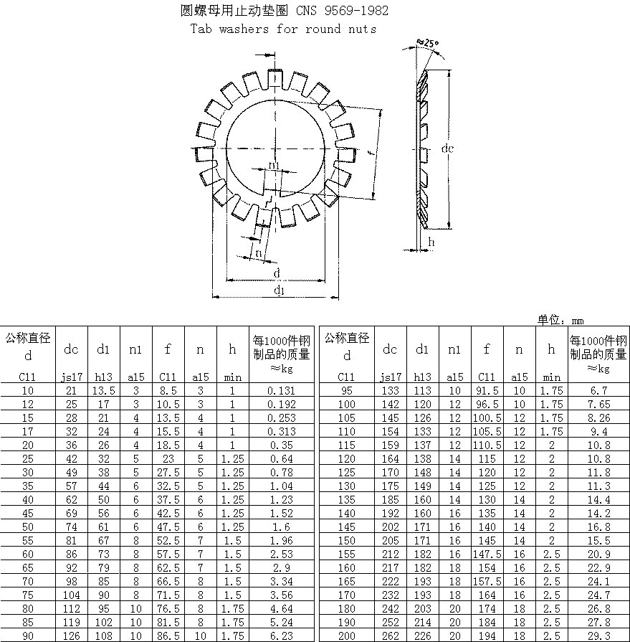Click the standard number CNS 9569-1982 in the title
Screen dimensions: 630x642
tap(342, 10)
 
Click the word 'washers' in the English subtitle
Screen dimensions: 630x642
tap(244, 29)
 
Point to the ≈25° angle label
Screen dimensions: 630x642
tap(427, 42)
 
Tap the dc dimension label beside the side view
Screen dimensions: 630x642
tap(447, 148)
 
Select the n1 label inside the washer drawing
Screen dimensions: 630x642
tap(274, 164)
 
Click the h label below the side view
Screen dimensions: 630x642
tap(431, 242)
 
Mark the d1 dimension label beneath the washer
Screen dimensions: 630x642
tap(279, 291)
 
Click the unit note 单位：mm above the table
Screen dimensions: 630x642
tap(560, 320)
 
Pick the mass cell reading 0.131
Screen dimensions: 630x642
tap(281, 391)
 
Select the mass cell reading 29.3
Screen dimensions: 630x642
tap(598, 636)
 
